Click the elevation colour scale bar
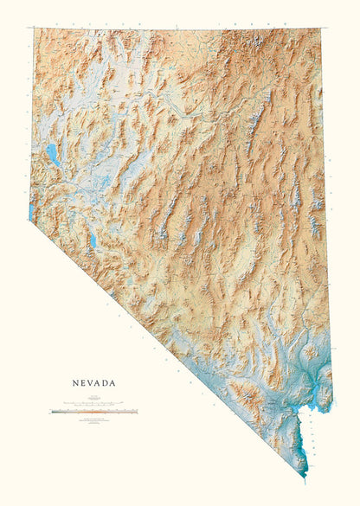(93, 412)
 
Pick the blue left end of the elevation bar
(54, 412)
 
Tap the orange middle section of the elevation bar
(95, 412)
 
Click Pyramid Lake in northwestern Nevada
(54, 156)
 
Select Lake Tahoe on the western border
(32, 210)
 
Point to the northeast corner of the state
(321, 29)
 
